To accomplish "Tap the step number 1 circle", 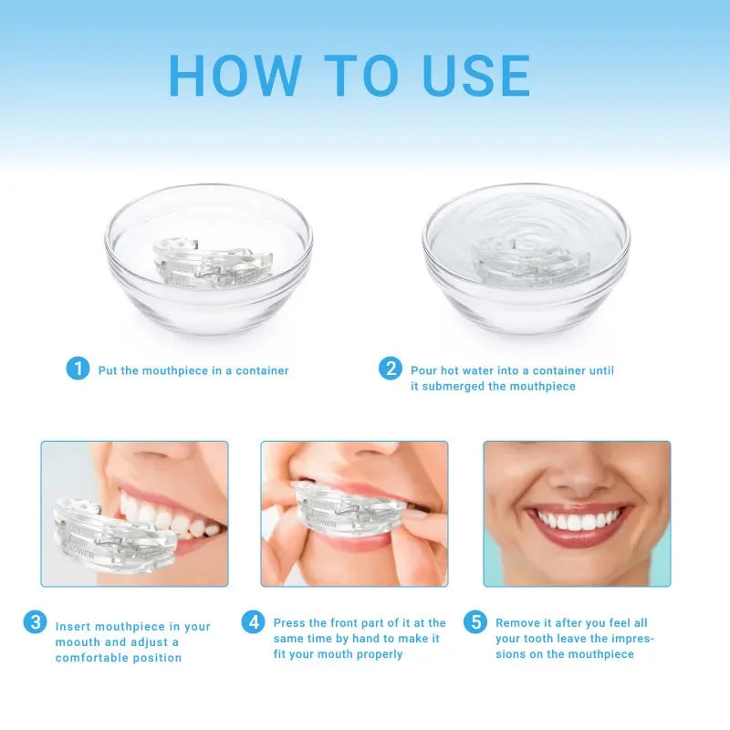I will tap(78, 369).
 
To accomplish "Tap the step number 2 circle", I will tap(391, 369).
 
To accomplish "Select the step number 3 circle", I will tap(35, 622).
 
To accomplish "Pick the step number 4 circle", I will tap(253, 622).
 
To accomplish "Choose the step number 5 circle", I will tap(474, 622).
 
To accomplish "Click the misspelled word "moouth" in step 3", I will tap(78, 642).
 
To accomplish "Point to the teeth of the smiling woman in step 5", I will tap(577, 521).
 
